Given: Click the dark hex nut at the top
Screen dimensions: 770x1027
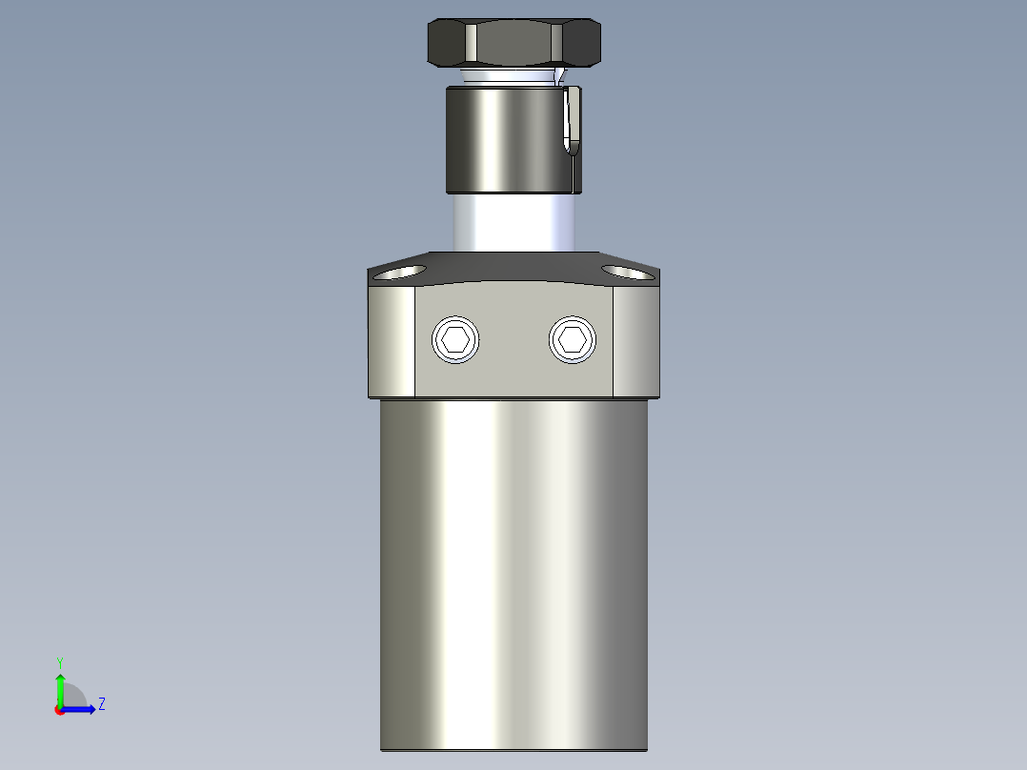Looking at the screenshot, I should (x=514, y=43).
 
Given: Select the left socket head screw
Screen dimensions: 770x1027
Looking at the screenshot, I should (x=455, y=339).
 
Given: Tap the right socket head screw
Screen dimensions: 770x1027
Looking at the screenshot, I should (x=574, y=339).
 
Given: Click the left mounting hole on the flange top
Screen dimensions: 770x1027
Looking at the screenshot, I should (x=400, y=274).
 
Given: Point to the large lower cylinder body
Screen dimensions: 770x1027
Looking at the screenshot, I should (x=514, y=572).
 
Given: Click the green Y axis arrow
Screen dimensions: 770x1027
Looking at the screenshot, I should (x=59, y=686).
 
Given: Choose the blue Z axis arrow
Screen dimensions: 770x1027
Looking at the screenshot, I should (x=82, y=708).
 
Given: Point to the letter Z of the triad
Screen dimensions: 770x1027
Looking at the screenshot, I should (x=101, y=704).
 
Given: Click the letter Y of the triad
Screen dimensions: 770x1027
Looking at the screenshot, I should (x=59, y=661).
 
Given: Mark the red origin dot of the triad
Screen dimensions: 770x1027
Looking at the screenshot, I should (x=59, y=709).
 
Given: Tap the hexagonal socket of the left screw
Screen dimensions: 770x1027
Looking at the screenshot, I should (x=455, y=339).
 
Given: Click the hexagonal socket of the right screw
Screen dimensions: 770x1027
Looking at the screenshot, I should (x=574, y=339).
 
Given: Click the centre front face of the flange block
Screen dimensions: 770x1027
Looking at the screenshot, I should (x=514, y=372).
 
